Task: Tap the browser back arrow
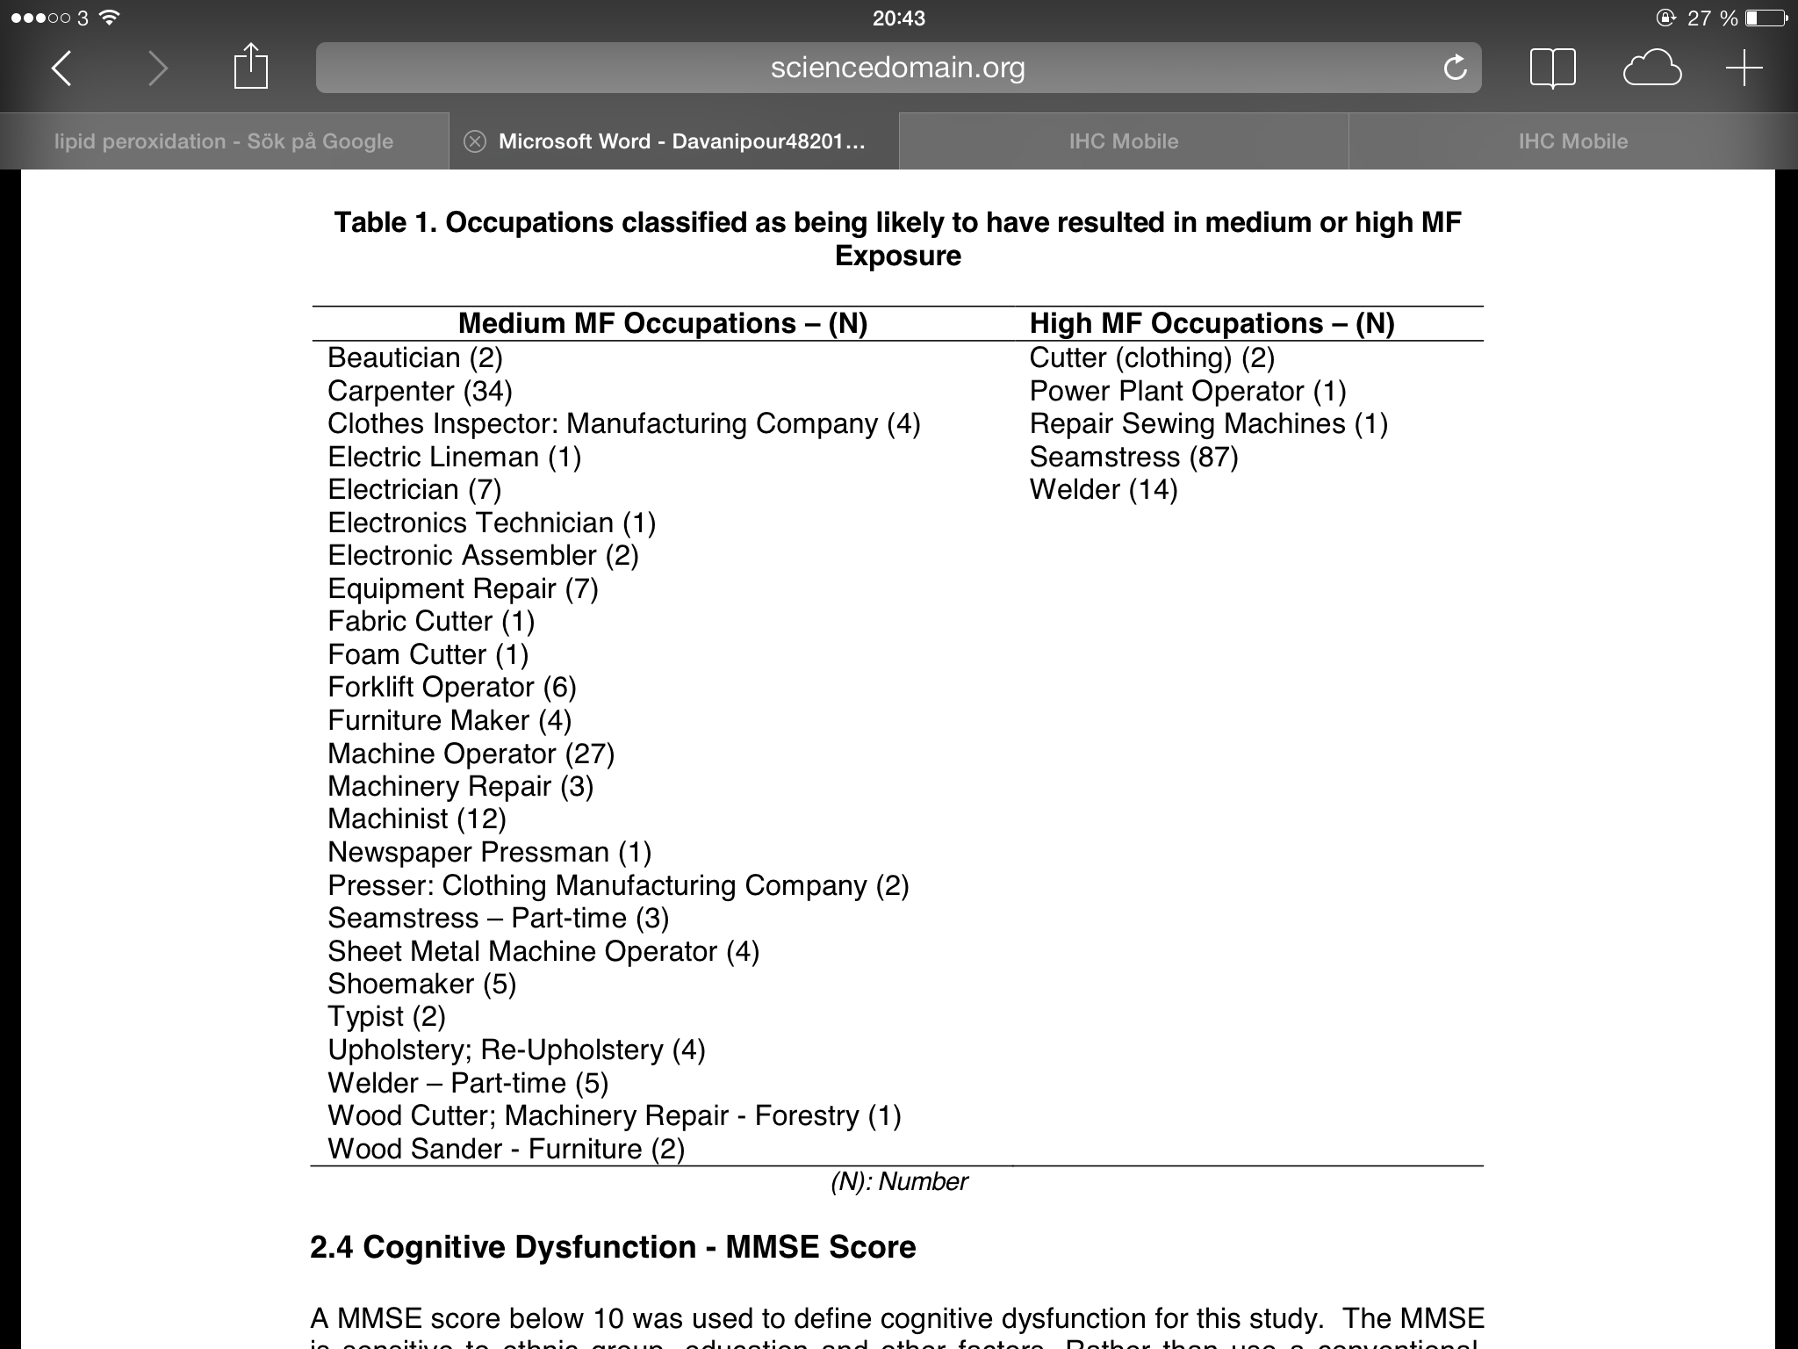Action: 61,68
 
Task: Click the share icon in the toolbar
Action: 250,67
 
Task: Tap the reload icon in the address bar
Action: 1455,68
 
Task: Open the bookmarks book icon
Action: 1552,68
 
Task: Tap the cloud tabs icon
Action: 1651,69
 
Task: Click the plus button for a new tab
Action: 1744,68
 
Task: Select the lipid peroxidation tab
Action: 224,141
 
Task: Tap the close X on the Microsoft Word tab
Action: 475,141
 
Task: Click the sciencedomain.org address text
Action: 897,68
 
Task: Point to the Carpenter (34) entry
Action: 420,391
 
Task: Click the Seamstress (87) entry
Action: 1133,457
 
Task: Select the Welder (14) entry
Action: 1103,489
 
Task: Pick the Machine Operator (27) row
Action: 471,754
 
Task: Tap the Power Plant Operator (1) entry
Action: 1187,391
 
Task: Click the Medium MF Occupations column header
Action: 663,323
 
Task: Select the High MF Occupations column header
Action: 1212,323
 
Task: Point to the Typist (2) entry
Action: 386,1016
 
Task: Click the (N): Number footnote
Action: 898,1182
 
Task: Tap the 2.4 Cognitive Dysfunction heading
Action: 613,1247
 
